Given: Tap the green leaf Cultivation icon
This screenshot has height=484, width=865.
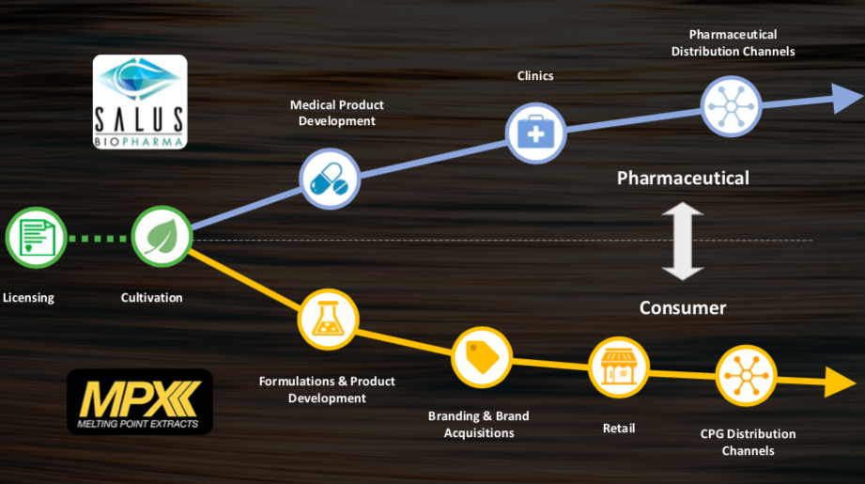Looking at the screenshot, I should (161, 235).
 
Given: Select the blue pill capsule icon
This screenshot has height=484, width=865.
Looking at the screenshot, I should (329, 179).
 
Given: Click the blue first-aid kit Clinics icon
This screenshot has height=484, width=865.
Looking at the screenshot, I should (535, 133).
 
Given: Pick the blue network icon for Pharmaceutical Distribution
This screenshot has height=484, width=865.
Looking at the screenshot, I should (732, 105).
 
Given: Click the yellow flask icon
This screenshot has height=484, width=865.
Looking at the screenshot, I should (328, 320).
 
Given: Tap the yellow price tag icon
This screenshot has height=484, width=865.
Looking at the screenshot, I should (482, 357).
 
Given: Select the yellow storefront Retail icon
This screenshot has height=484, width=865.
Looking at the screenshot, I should (618, 367).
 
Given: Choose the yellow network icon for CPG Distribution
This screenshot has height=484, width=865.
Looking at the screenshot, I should (746, 376).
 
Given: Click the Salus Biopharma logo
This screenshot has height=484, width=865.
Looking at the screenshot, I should (140, 101).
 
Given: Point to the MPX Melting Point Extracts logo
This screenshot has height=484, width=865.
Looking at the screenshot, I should (140, 401).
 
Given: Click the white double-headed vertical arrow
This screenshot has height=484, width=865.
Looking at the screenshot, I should (683, 242).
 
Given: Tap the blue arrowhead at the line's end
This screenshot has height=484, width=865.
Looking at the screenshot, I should (846, 97).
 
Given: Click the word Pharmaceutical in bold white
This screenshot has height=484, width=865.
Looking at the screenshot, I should (683, 178).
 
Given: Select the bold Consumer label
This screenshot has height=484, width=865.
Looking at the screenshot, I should (683, 307).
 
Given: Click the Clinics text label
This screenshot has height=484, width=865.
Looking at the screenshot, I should (535, 75).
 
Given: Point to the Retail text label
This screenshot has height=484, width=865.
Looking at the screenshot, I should (618, 429).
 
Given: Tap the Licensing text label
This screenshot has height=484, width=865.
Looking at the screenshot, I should (28, 298).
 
